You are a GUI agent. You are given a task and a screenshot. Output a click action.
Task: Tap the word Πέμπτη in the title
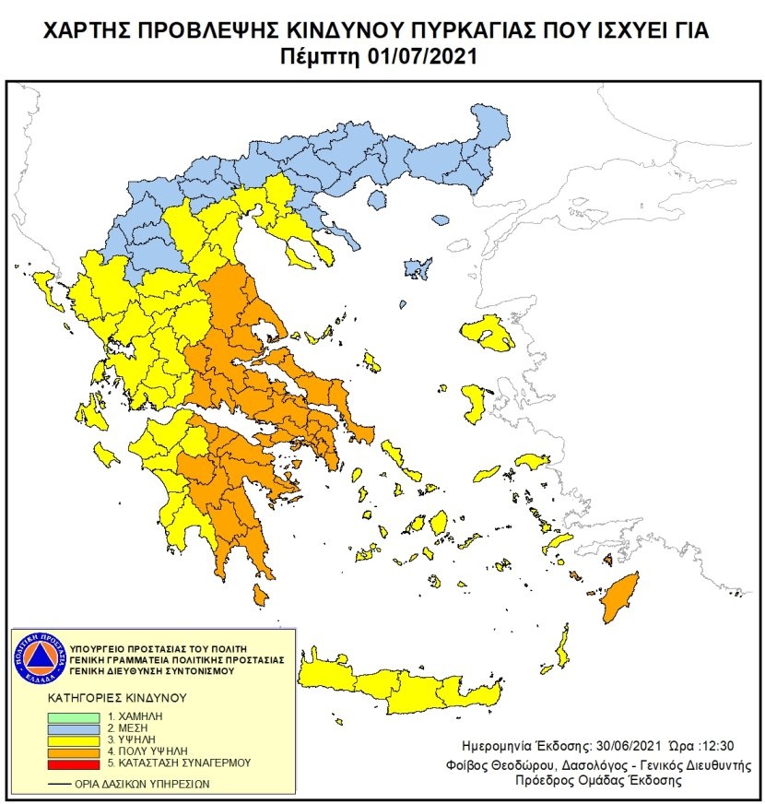click(x=322, y=57)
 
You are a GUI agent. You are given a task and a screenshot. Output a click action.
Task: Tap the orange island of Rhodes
click(x=618, y=596)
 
